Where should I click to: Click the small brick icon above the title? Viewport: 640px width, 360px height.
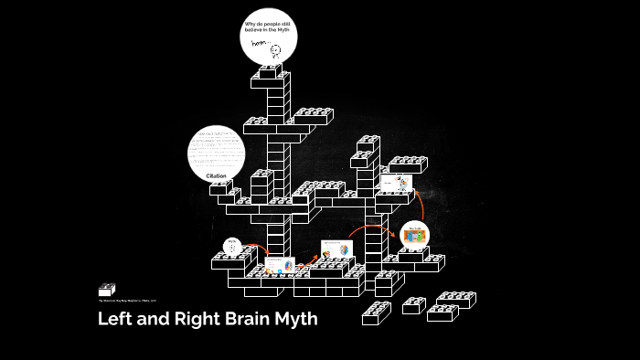pyautogui.click(x=107, y=289)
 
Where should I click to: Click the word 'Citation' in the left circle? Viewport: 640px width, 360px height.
pyautogui.click(x=216, y=175)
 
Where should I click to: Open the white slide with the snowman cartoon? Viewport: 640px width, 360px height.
pyautogui.click(x=394, y=183)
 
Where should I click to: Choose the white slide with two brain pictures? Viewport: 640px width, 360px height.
pyautogui.click(x=335, y=250)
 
